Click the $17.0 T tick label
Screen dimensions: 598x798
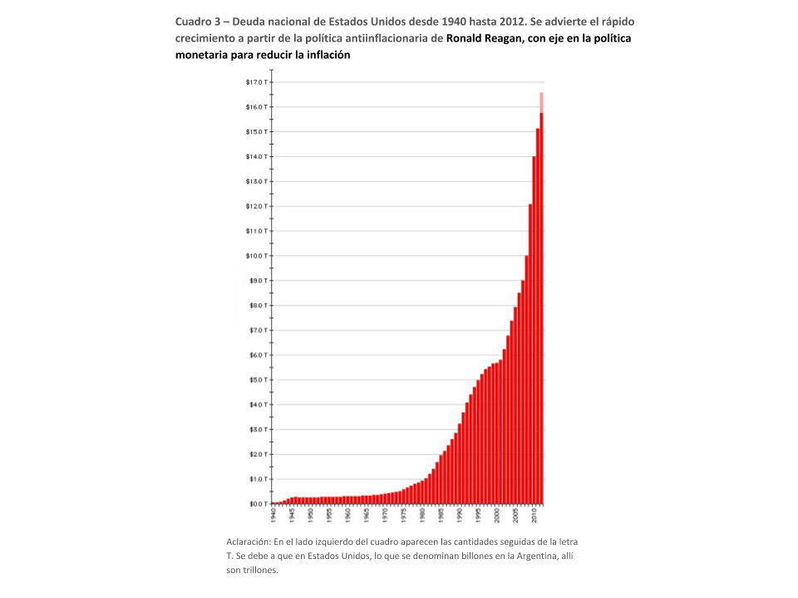pyautogui.click(x=254, y=82)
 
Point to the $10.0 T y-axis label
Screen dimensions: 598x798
pyautogui.click(x=254, y=256)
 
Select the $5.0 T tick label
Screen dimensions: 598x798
pyautogui.click(x=255, y=380)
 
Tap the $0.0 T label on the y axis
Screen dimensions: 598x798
pyautogui.click(x=255, y=504)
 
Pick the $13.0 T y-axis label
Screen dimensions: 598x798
pyautogui.click(x=254, y=181)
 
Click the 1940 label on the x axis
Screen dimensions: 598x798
pyautogui.click(x=273, y=515)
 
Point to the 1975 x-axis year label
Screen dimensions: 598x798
pyautogui.click(x=404, y=515)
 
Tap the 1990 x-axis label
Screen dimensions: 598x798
pyautogui.click(x=460, y=515)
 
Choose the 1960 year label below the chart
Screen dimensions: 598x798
pyautogui.click(x=348, y=515)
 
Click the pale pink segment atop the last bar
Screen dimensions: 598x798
pyautogui.click(x=541, y=101)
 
